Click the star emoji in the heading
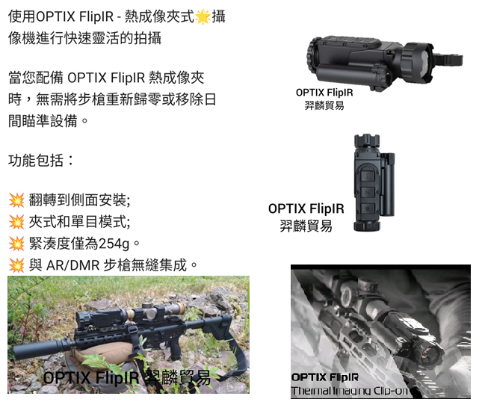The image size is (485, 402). coord(203,16)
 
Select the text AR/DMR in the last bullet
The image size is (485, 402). coord(73,265)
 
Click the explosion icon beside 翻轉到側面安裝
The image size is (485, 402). coord(16,200)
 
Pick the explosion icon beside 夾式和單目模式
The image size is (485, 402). coord(16,222)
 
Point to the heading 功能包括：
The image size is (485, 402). coord(41,160)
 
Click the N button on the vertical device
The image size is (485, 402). coord(367,192)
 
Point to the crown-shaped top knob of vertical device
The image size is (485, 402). coord(366,140)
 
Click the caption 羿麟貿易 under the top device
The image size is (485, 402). coord(324,105)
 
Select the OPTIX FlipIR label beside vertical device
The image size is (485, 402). coord(306,208)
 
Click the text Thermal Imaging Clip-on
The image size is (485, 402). coord(350,391)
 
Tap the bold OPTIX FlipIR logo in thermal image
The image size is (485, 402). coord(325,377)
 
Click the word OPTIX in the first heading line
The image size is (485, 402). coord(55,16)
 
